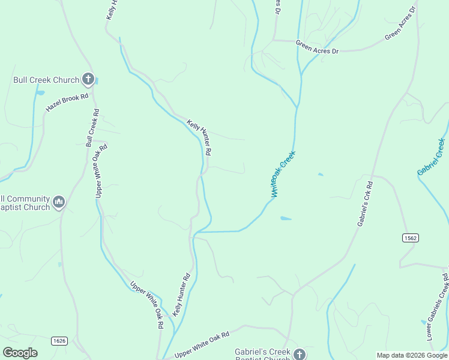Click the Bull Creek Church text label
point(46,80)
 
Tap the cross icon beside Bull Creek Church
point(88,79)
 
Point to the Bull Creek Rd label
point(92,128)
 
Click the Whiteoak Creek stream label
point(283,174)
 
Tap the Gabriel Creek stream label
point(432,157)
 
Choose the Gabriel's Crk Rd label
point(365,203)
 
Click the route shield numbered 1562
point(411,238)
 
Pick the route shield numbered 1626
point(59,341)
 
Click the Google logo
point(20,353)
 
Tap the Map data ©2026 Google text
point(411,355)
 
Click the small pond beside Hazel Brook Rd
point(41,93)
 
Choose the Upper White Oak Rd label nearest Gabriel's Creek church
point(202,346)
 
